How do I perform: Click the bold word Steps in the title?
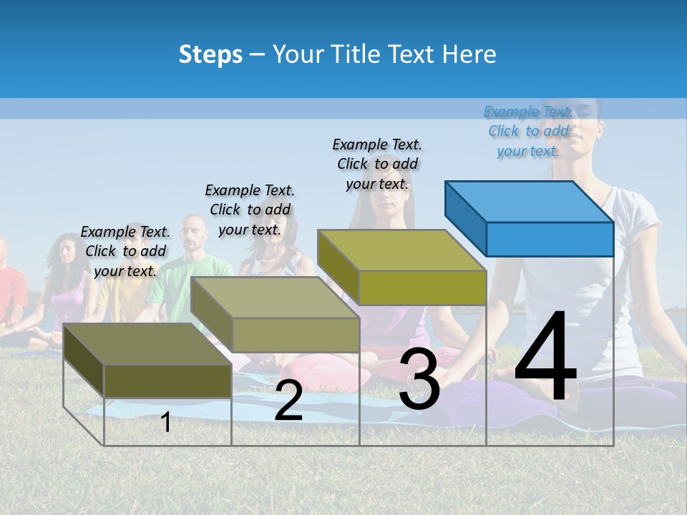(210, 54)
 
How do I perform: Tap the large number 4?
(545, 358)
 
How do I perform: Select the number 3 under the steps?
(419, 379)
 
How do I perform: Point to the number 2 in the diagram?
(288, 401)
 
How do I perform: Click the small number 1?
(166, 422)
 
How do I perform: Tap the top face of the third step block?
(401, 250)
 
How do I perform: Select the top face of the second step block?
(275, 298)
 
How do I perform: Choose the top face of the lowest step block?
(147, 344)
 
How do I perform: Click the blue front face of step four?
(550, 239)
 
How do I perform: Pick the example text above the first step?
(125, 251)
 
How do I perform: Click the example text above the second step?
(250, 210)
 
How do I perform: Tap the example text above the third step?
(377, 164)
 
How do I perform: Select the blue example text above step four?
(528, 131)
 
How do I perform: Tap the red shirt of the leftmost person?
(10, 290)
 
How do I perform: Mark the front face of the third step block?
(422, 288)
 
